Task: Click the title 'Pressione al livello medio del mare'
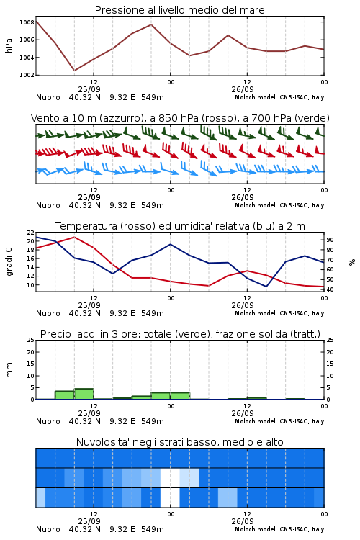pyautogui.click(x=179, y=10)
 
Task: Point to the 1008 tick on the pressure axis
pyautogui.click(x=27, y=22)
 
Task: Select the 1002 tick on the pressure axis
pyautogui.click(x=27, y=75)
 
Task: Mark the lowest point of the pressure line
pyautogui.click(x=74, y=71)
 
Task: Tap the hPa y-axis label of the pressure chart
pyautogui.click(x=9, y=45)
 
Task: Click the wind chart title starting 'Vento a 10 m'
pyautogui.click(x=180, y=118)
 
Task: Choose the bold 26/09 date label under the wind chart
pyautogui.click(x=243, y=197)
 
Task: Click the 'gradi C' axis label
pyautogui.click(x=9, y=262)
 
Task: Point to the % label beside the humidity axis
pyautogui.click(x=352, y=262)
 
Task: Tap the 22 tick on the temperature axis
pyautogui.click(x=31, y=233)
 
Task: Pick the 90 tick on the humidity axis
pyautogui.click(x=330, y=240)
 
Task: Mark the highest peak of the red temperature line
pyautogui.click(x=74, y=237)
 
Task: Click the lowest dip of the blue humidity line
pyautogui.click(x=266, y=287)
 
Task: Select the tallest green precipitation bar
pyautogui.click(x=84, y=394)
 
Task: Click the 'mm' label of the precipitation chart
pyautogui.click(x=9, y=370)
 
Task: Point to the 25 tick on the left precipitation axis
pyautogui.click(x=31, y=340)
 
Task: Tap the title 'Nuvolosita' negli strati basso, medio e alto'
pyautogui.click(x=179, y=442)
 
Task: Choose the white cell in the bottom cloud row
pyautogui.click(x=170, y=498)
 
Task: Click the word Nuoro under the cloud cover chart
pyautogui.click(x=48, y=529)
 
